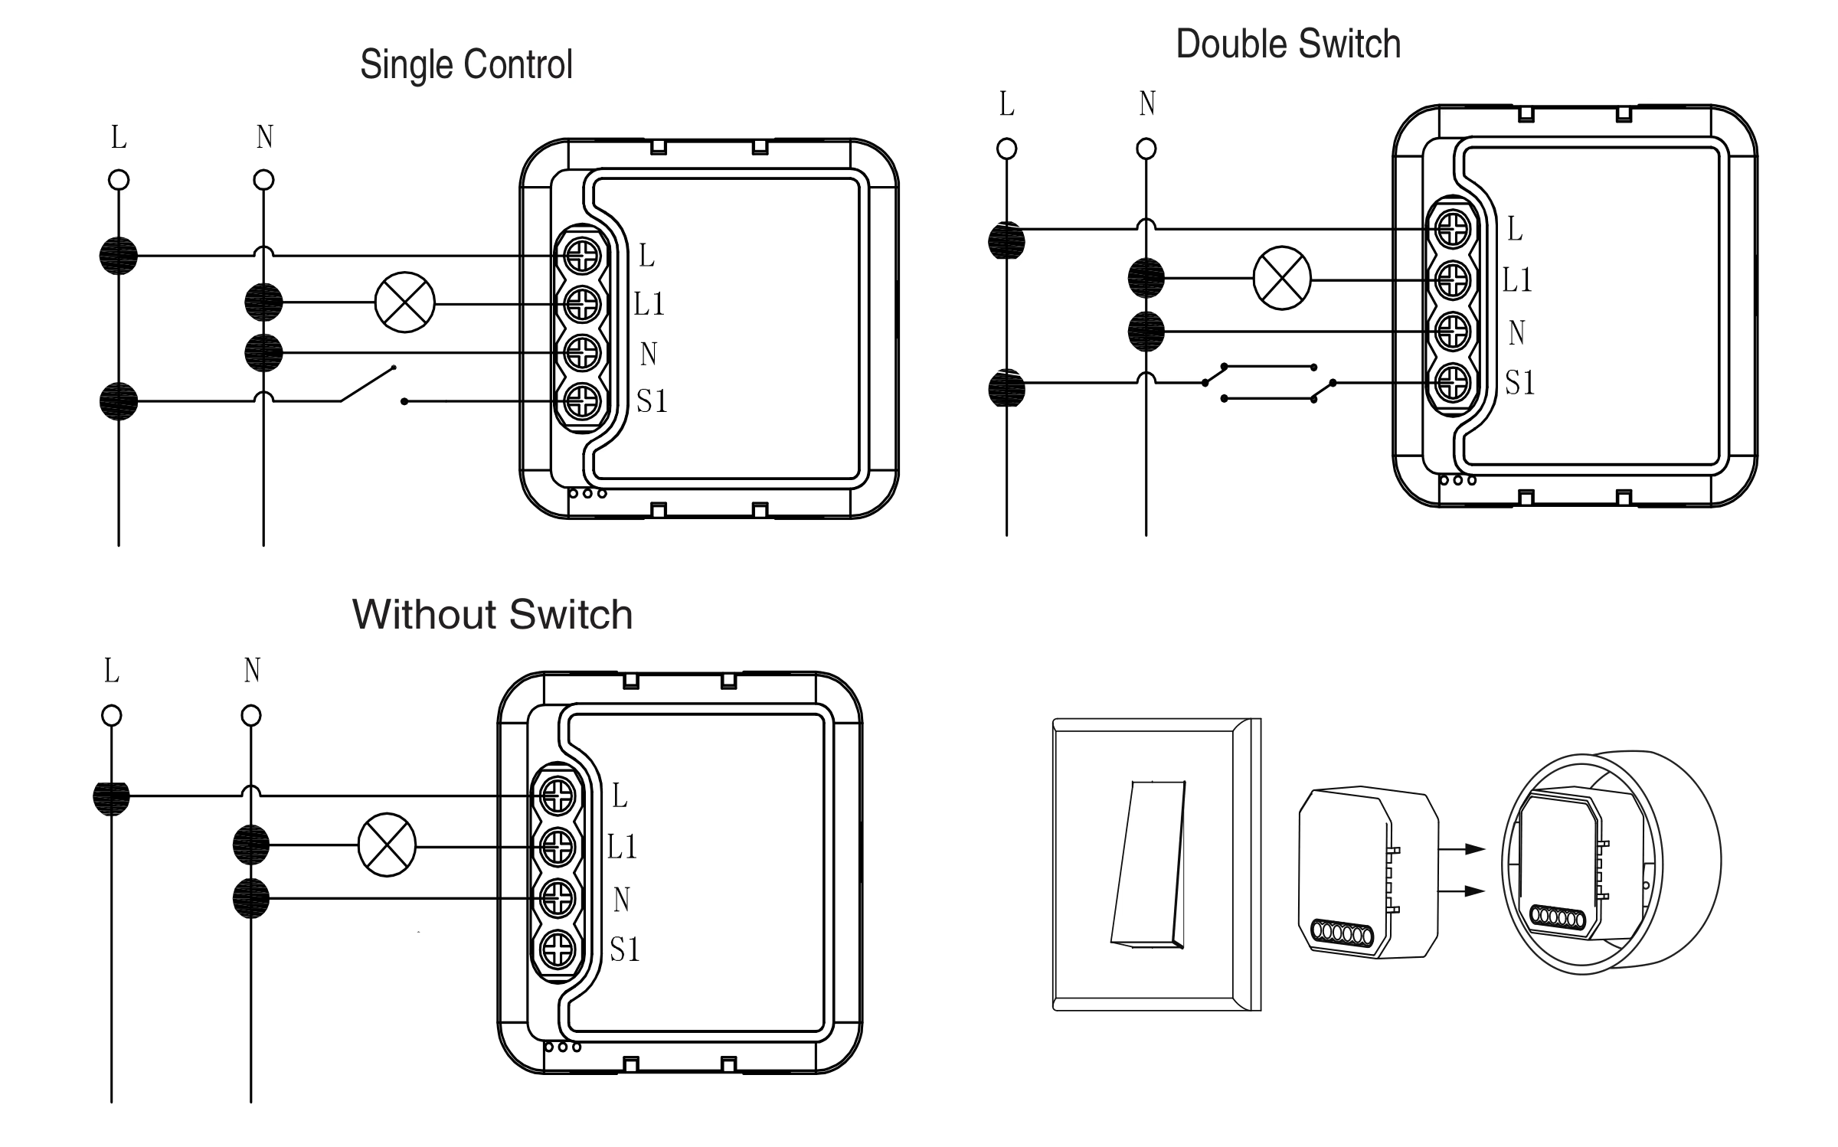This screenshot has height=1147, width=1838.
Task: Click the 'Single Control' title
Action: (x=466, y=64)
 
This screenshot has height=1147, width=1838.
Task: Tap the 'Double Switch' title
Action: (x=1287, y=44)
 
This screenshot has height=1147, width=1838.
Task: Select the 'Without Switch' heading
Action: (x=492, y=614)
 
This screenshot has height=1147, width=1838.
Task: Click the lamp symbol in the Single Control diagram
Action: (x=404, y=303)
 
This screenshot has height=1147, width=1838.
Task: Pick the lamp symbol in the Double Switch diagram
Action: (x=1281, y=279)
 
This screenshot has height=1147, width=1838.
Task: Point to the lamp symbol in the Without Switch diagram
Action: (x=387, y=845)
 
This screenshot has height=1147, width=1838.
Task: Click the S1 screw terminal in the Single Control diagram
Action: (x=582, y=400)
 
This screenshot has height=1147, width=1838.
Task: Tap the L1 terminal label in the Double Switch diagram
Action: (x=1516, y=280)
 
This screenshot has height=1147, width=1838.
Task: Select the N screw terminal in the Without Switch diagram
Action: (x=558, y=898)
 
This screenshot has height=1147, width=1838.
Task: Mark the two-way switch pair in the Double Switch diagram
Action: (x=1268, y=383)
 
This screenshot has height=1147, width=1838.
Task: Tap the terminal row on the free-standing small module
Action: (x=1341, y=932)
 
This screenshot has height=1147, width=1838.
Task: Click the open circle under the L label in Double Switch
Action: (x=1006, y=149)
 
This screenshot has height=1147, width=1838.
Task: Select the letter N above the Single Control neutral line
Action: (x=264, y=137)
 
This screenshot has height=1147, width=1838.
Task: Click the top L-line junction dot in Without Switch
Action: (x=112, y=797)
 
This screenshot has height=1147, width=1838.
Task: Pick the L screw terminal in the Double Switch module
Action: (x=1452, y=228)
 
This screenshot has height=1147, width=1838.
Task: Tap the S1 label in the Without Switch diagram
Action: (x=624, y=950)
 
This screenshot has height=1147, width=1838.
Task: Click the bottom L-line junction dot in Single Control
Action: (x=119, y=400)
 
